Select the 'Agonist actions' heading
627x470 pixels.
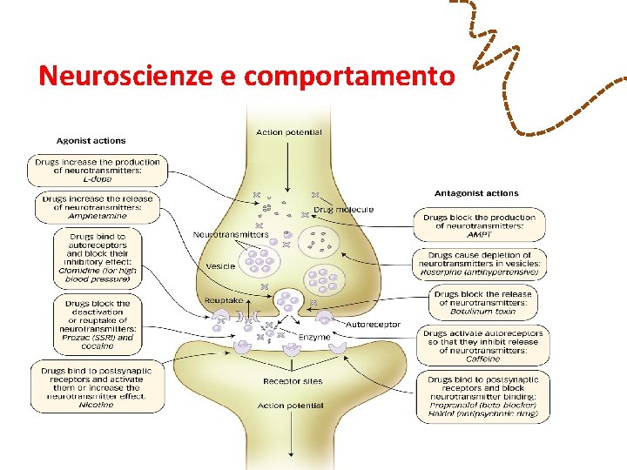coord(91,140)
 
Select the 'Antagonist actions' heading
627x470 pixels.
coord(476,193)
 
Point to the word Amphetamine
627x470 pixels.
coord(97,217)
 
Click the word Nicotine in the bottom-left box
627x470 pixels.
coord(96,405)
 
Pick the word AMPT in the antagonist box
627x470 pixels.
coord(479,235)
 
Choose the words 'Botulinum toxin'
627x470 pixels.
coord(482,311)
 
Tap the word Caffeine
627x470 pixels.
coord(482,359)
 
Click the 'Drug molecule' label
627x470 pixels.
coord(343,210)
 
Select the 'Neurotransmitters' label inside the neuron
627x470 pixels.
coord(231,235)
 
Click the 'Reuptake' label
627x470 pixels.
coord(222,300)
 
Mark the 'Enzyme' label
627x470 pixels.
coord(313,336)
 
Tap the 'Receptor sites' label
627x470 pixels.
coord(292,381)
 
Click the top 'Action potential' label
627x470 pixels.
coord(288,132)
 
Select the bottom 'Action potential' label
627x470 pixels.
coord(290,406)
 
